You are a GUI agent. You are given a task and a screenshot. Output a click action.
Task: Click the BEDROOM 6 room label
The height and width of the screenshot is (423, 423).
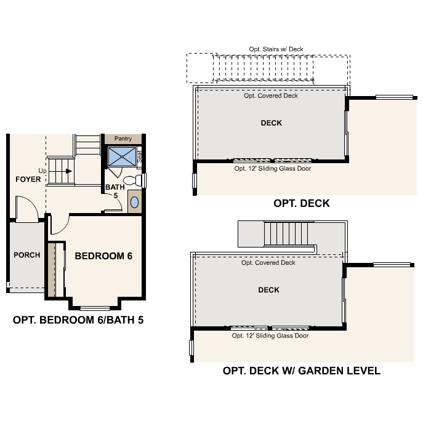[x=103, y=256]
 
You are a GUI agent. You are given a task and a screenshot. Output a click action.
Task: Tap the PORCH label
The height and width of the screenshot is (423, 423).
[x=26, y=255]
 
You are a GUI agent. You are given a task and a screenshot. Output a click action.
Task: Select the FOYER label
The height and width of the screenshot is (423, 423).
[x=28, y=180]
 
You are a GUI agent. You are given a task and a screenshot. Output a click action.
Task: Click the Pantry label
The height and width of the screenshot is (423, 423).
[x=123, y=139]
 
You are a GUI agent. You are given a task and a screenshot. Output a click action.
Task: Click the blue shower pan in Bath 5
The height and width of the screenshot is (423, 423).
[x=123, y=156]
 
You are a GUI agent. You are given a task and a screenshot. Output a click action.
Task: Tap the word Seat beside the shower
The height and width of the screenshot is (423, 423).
[x=140, y=157]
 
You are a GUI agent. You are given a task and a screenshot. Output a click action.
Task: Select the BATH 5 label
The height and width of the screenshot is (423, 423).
[x=115, y=191]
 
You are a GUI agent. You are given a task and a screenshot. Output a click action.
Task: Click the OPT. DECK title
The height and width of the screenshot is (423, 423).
[x=302, y=203]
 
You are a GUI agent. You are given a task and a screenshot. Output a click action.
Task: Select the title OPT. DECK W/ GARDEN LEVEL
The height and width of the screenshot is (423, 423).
[x=301, y=371]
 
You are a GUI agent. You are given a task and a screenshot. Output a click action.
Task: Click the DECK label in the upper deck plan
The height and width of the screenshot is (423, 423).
[x=271, y=123]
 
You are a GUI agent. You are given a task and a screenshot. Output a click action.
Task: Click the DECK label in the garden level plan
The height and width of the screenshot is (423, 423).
[x=268, y=290]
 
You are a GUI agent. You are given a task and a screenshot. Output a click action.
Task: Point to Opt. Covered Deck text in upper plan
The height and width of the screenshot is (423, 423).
[x=271, y=96]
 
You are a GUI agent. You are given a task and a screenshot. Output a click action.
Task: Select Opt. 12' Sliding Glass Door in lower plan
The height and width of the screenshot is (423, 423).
[x=270, y=336]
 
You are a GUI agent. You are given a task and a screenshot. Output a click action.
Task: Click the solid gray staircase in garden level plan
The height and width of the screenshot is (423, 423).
[x=286, y=234]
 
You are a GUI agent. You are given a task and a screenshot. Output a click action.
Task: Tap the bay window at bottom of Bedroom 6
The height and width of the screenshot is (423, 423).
[x=95, y=307]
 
